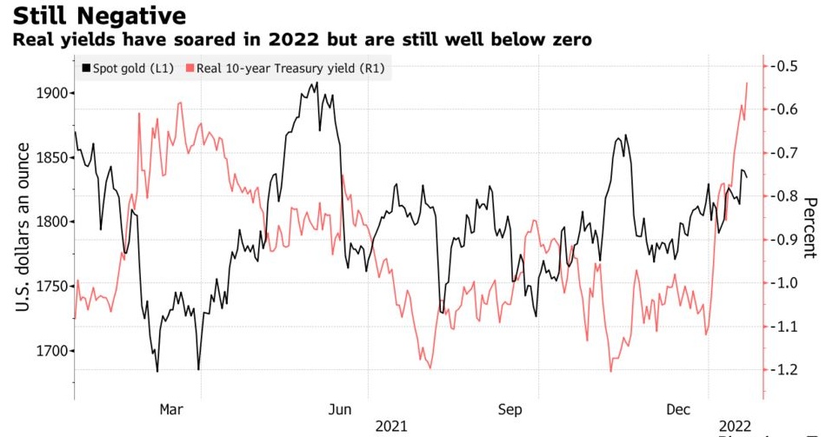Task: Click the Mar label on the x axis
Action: pos(171,408)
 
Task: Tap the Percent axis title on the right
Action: pos(810,228)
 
